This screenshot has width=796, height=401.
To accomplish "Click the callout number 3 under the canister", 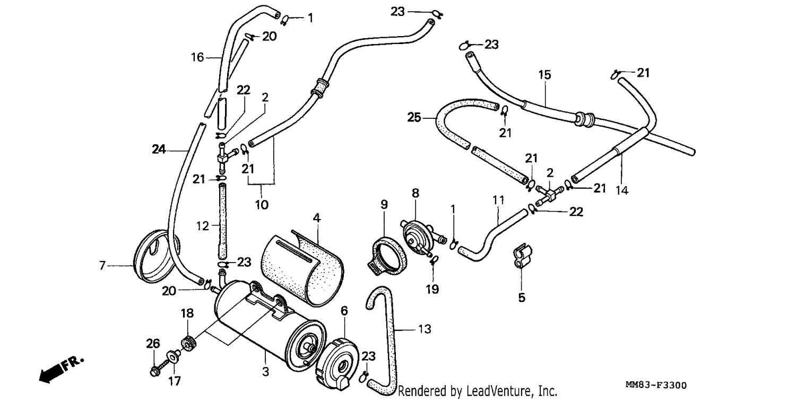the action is click(x=265, y=372).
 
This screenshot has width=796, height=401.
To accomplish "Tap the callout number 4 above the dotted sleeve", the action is click(x=317, y=217).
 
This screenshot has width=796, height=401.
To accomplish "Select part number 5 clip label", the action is click(x=521, y=298).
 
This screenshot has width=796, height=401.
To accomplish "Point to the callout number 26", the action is click(x=153, y=344).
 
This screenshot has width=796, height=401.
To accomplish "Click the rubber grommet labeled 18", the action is click(x=189, y=343).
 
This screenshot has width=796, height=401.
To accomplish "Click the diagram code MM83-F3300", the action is click(x=656, y=385).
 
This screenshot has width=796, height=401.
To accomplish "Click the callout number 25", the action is click(x=414, y=117).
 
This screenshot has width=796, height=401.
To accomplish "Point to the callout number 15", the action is click(x=544, y=75).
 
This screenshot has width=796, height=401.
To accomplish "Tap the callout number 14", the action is click(x=622, y=190).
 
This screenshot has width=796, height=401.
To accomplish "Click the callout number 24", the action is click(x=159, y=150).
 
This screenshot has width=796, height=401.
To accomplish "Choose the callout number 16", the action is click(x=197, y=57).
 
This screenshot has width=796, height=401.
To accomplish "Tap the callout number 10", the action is click(x=262, y=205).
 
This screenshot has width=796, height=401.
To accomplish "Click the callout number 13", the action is click(x=425, y=329).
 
